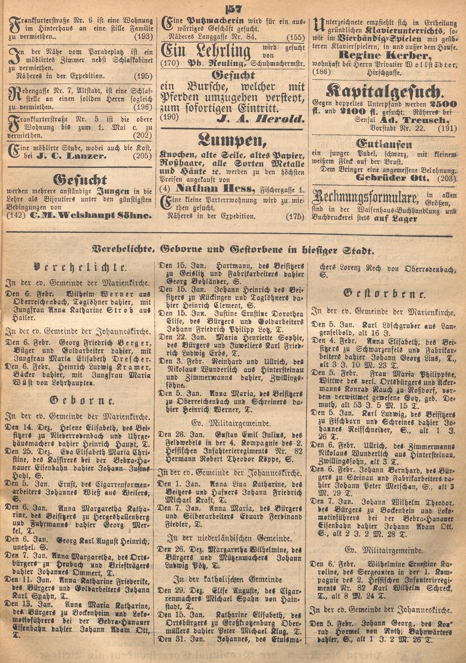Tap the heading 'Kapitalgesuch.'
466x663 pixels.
385,90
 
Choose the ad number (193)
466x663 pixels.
143,36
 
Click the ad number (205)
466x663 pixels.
143,156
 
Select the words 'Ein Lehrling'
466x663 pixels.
206,51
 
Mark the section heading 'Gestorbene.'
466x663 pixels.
384,294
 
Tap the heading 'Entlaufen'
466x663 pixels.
384,144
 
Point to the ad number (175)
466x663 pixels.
295,216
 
